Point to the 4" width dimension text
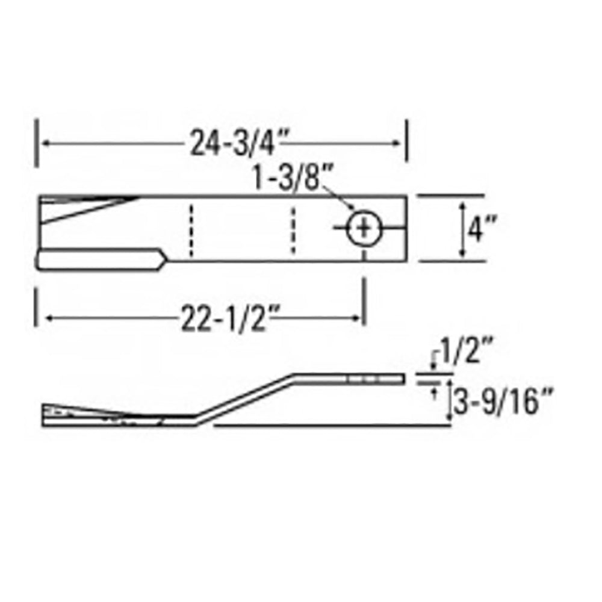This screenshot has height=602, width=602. (x=480, y=229)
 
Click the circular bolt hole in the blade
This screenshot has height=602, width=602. (x=364, y=229)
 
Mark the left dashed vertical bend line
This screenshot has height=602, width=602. (x=190, y=229)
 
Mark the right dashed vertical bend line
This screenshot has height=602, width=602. (x=293, y=229)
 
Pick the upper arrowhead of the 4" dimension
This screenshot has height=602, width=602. (x=462, y=206)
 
